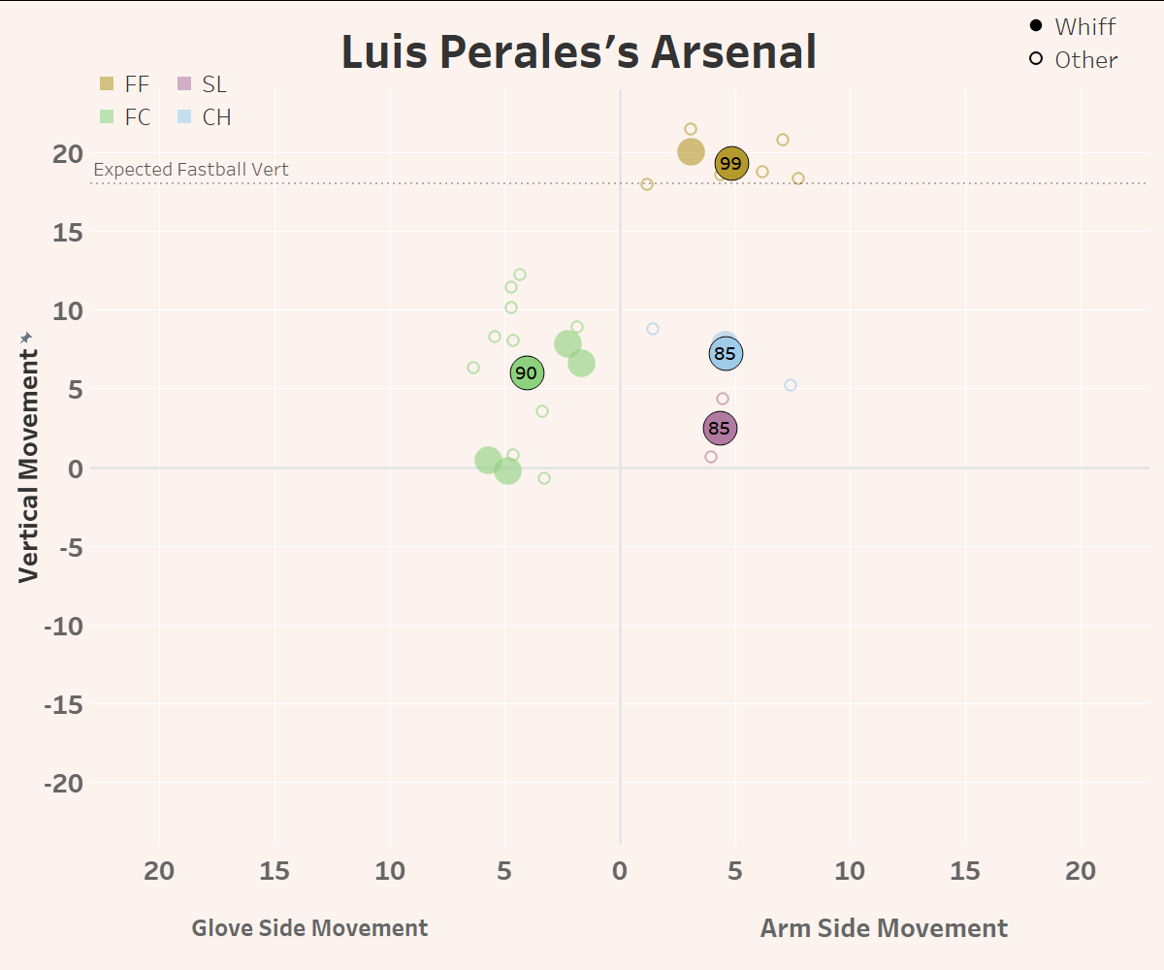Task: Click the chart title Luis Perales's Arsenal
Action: pos(579,52)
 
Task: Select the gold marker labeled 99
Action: pos(731,164)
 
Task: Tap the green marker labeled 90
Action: pos(526,372)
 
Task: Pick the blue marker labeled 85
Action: pos(726,353)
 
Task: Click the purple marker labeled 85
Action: pos(719,428)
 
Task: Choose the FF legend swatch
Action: pos(107,84)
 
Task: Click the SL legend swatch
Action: pos(184,84)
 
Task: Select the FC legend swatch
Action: pos(107,117)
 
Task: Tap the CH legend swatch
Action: pos(184,117)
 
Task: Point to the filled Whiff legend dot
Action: pos(1036,26)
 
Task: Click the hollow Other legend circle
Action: pos(1036,59)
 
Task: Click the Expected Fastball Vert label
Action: pos(191,170)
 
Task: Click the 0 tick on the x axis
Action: pos(620,871)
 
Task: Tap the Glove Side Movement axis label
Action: pos(309,928)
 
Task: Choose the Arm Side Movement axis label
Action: pos(884,928)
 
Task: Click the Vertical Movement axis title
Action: pos(28,456)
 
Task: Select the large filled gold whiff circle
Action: pos(691,151)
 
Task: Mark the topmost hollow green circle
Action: pos(520,275)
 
